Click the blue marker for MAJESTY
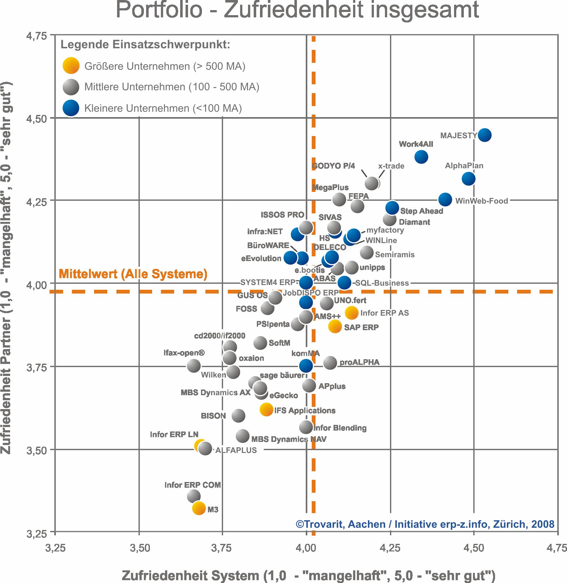[x=484, y=135]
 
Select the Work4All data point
[x=421, y=157]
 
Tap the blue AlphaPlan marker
[x=468, y=179]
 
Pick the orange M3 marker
[x=199, y=508]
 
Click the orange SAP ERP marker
[x=335, y=326]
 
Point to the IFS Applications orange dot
[x=266, y=409]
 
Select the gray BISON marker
[x=238, y=415]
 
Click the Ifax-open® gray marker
[x=193, y=366]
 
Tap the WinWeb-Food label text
[x=481, y=201]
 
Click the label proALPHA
[x=359, y=362]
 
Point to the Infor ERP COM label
[x=192, y=485]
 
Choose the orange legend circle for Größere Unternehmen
[x=71, y=66]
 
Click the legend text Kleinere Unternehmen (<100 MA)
[x=163, y=108]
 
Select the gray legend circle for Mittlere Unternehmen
[x=71, y=87]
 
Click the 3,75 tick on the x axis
[x=222, y=548]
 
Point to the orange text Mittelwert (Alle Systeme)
[x=133, y=274]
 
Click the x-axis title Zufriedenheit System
[x=308, y=575]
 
